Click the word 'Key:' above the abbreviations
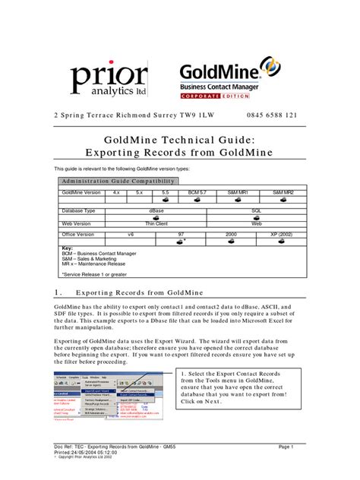click(x=68, y=248)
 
